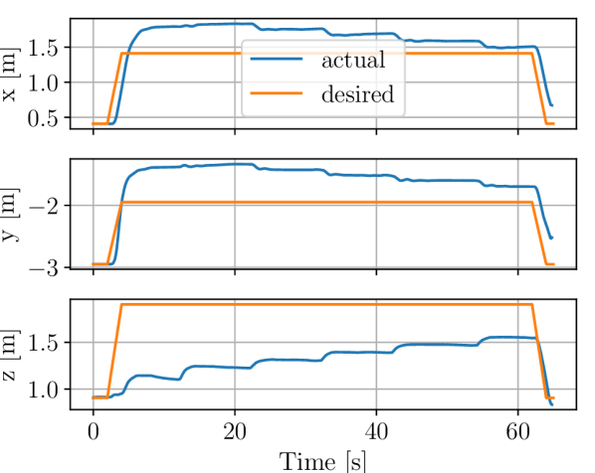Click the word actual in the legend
point(353,61)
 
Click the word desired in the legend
point(357,95)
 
